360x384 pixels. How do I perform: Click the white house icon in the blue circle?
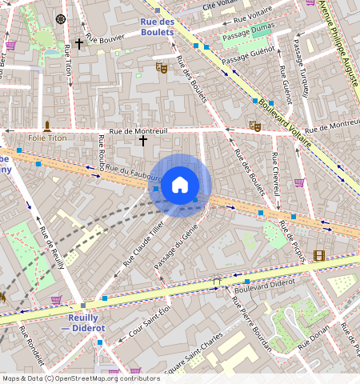tap(180, 185)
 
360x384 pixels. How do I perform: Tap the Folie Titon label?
tap(47, 138)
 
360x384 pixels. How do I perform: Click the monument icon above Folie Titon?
tap(47, 126)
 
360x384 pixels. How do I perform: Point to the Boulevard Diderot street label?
tap(264, 282)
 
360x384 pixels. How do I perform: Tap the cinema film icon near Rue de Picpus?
tap(320, 256)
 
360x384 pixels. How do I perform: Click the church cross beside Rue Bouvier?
tap(79, 44)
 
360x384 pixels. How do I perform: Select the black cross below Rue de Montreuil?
tap(143, 141)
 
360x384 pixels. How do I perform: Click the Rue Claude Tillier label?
tap(143, 244)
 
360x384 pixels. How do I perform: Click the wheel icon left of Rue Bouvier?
tap(61, 18)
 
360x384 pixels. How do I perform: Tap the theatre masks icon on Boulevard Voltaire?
tap(255, 126)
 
